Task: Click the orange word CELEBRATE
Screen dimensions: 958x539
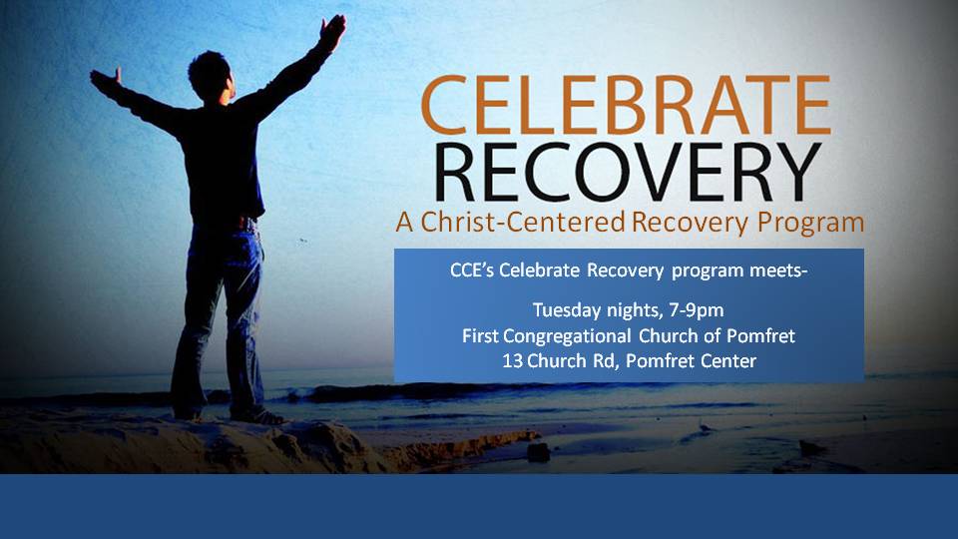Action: pyautogui.click(x=626, y=105)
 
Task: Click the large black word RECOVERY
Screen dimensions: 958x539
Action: pyautogui.click(x=628, y=173)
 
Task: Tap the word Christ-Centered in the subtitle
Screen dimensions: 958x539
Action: pyautogui.click(x=523, y=222)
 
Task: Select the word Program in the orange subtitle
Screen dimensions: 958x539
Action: pyautogui.click(x=810, y=223)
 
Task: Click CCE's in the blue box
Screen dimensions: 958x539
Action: pyautogui.click(x=472, y=270)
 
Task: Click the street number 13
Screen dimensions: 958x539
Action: pyautogui.click(x=512, y=361)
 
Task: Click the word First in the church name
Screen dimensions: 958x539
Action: pyautogui.click(x=480, y=336)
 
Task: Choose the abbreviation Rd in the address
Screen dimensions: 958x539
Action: pyautogui.click(x=605, y=361)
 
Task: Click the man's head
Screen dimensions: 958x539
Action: pyautogui.click(x=211, y=77)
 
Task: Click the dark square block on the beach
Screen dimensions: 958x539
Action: pyautogui.click(x=539, y=452)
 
